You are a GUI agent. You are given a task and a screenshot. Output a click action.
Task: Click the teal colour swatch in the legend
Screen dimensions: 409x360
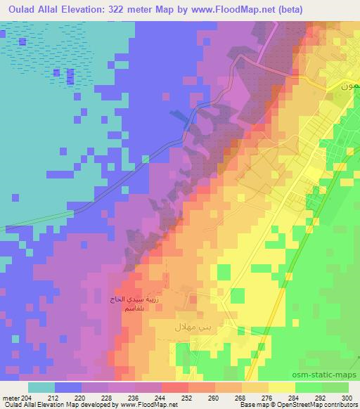pyautogui.click(x=41, y=387)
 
